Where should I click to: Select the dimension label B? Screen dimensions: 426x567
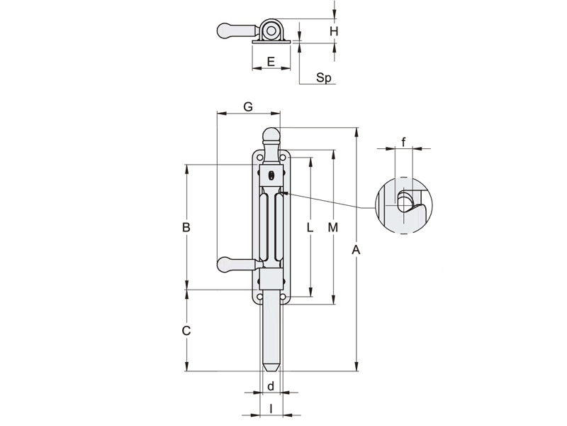click(186, 228)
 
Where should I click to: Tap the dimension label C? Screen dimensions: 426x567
click(186, 330)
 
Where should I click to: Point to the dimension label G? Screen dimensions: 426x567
click(248, 106)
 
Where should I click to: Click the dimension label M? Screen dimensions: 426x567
click(333, 228)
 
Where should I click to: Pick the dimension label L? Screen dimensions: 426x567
click(310, 228)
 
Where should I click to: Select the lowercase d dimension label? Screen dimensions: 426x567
click(271, 386)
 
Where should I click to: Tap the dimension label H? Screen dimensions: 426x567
click(334, 31)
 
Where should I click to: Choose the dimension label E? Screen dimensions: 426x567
click(271, 62)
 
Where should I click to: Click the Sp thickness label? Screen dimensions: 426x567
click(324, 78)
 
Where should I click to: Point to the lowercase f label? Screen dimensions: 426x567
click(403, 142)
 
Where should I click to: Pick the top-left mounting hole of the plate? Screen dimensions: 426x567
click(259, 160)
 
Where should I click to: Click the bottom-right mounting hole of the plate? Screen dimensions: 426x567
click(283, 296)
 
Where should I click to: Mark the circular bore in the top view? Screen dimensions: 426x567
click(271, 31)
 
